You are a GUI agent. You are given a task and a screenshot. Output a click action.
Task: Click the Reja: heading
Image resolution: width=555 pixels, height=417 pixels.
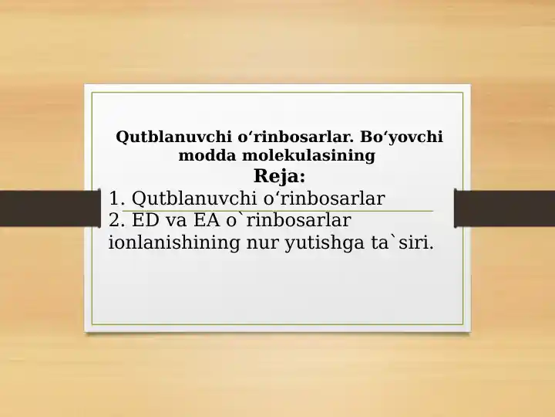(x=279, y=176)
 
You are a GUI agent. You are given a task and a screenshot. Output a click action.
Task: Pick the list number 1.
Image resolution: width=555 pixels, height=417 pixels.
(x=116, y=198)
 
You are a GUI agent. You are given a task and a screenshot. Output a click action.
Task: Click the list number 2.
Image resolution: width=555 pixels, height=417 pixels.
(x=116, y=221)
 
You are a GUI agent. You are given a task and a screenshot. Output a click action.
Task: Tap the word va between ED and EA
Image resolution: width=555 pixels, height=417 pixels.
(x=177, y=221)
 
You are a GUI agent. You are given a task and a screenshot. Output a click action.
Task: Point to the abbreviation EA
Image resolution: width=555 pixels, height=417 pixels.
(x=209, y=221)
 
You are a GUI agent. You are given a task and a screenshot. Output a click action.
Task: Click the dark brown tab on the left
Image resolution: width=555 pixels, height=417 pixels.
(x=42, y=208)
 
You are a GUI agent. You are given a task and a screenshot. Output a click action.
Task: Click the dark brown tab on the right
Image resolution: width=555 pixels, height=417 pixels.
(x=505, y=208)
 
